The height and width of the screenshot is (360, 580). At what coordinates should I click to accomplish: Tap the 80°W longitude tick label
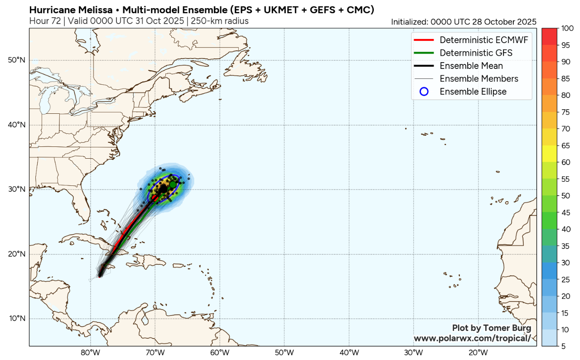coord(90,353)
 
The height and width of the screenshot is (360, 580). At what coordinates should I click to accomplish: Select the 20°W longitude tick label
coord(478,353)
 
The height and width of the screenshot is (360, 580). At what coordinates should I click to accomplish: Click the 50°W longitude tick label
coord(284,353)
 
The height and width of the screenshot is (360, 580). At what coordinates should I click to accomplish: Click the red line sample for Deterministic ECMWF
coord(424,40)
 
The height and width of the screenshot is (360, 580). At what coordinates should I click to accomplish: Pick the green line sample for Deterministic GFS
coord(424,53)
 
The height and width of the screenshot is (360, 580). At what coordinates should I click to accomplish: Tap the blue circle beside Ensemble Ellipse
coord(424,92)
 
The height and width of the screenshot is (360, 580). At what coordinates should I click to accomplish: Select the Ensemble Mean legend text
coord(471,66)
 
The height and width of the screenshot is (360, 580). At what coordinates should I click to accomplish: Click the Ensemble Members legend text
coord(479,79)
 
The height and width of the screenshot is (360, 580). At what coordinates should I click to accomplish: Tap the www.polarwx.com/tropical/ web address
coord(472,338)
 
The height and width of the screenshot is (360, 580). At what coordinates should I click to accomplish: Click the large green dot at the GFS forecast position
coord(173,184)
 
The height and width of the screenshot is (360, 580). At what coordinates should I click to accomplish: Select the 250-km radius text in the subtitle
coord(220,21)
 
